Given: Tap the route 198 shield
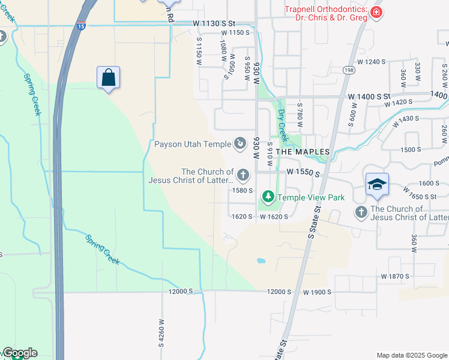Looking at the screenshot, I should (349, 70).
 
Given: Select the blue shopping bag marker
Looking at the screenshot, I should (108, 77).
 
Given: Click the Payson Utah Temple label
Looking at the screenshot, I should (193, 144).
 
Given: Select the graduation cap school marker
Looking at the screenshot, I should (376, 184).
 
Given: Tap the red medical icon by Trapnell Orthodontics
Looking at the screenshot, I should (376, 13).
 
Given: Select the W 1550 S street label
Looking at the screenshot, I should (301, 172).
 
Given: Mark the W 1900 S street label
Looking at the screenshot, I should (318, 292).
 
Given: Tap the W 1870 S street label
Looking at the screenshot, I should (394, 276).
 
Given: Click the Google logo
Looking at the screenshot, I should (20, 353).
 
